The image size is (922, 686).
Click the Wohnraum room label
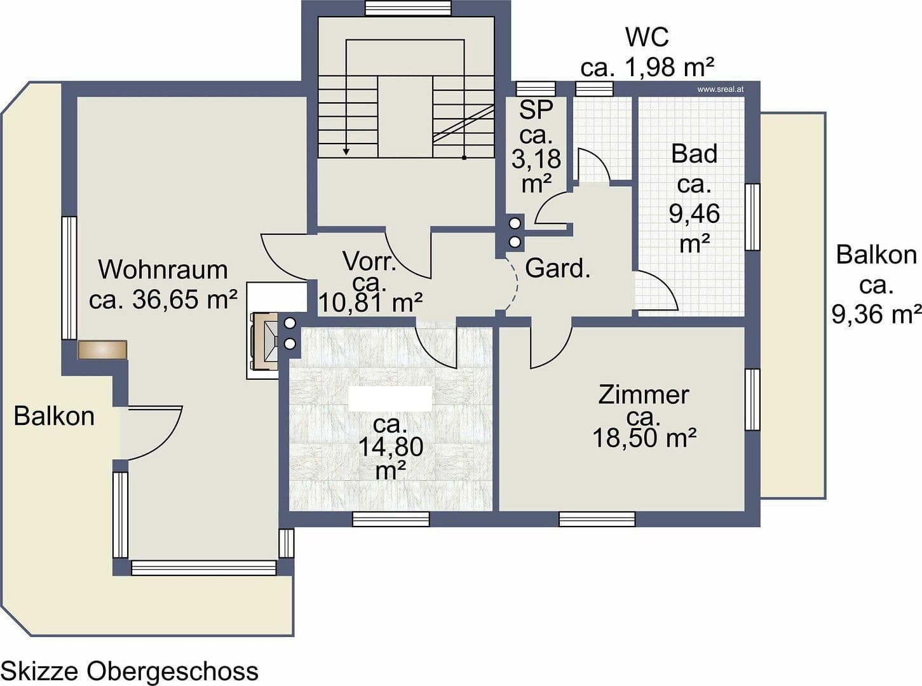point(163,270)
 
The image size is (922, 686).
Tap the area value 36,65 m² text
point(163,299)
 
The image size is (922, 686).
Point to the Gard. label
point(558,269)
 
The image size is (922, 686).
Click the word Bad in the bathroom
point(694,154)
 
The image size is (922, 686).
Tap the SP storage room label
point(536,110)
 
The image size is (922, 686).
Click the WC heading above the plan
point(647,37)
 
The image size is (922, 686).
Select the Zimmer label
point(643,394)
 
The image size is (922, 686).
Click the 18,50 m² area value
point(644,438)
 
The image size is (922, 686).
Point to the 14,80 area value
point(390,447)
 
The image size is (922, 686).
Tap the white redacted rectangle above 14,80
point(390,398)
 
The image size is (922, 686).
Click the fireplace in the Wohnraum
point(265,341)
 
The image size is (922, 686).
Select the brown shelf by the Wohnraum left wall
point(103,349)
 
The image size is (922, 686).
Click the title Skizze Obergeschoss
point(130,671)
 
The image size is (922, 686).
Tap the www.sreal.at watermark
point(720,90)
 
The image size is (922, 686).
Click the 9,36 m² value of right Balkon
point(876,313)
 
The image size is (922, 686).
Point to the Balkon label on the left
point(54,417)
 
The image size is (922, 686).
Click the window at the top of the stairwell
point(408,8)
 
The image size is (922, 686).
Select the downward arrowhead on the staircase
point(346,151)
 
